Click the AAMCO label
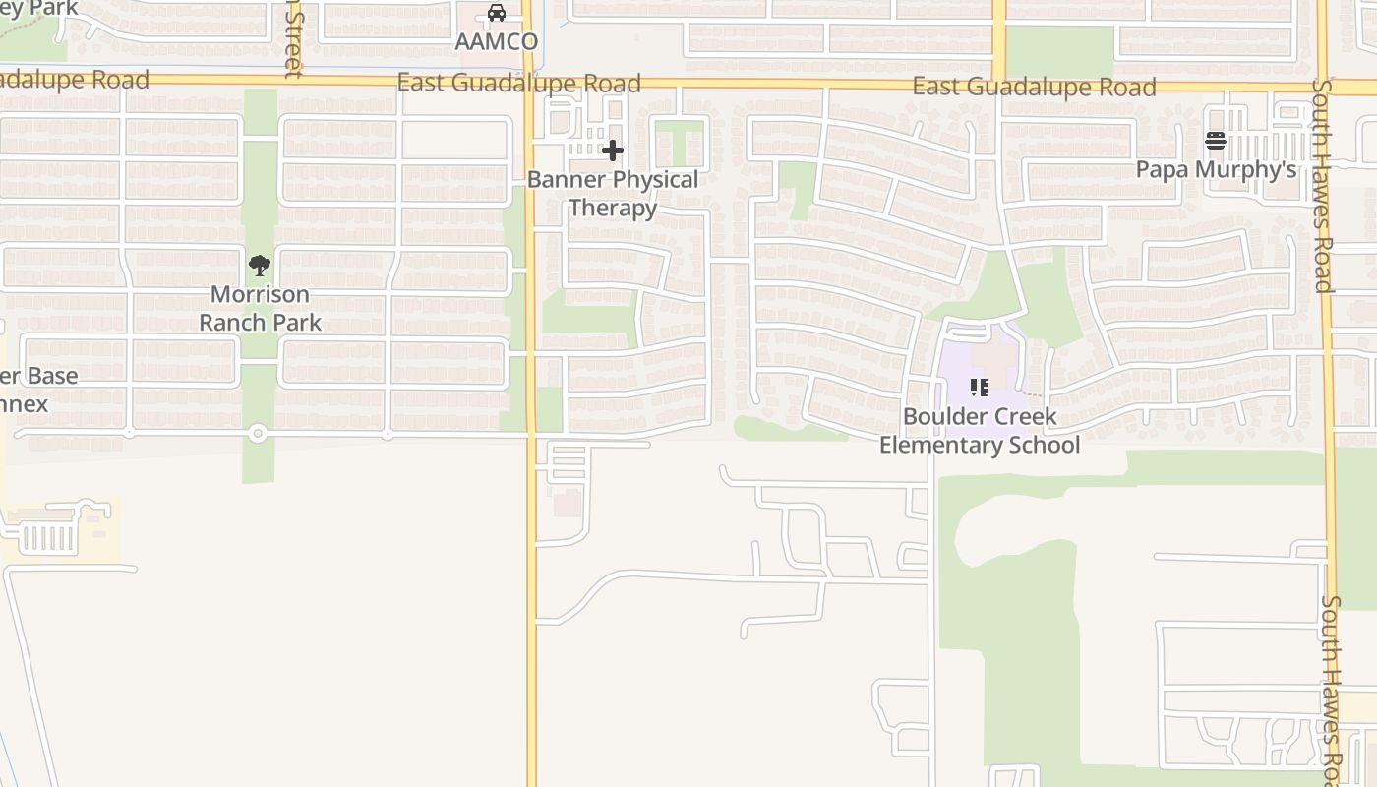coord(497,41)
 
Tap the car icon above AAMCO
coord(497,14)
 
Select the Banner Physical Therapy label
coord(613,194)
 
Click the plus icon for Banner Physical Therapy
coord(613,151)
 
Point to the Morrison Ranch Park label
coord(260,308)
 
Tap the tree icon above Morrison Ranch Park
coord(260,265)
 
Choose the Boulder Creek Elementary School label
coord(980,431)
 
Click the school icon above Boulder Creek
coord(980,388)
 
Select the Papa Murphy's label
coord(1216,169)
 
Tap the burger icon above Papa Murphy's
coord(1216,141)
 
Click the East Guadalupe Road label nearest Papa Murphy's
coord(1034,87)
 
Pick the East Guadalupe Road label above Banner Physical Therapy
coord(518,83)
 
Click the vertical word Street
coord(292,39)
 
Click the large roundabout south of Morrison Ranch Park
coord(257,433)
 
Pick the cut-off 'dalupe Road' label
coord(74,80)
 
